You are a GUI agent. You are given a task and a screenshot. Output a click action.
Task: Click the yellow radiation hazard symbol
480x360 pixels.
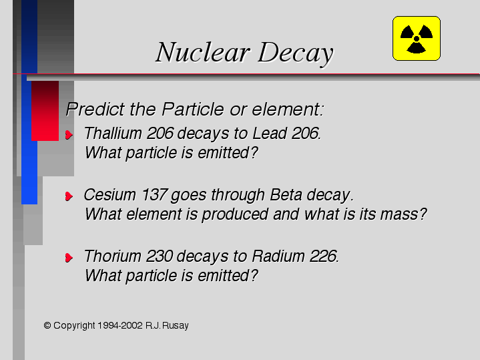pyautogui.click(x=417, y=38)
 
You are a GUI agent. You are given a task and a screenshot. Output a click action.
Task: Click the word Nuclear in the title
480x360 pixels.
pyautogui.click(x=203, y=52)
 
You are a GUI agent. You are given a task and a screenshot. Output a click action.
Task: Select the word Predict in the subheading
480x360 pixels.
pyautogui.click(x=95, y=109)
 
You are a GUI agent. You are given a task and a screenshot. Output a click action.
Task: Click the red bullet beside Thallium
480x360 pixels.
pyautogui.click(x=69, y=134)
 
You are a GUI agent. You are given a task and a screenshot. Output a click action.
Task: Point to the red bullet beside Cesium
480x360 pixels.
pyautogui.click(x=69, y=196)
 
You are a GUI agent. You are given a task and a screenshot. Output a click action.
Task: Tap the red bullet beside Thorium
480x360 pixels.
pyautogui.click(x=69, y=257)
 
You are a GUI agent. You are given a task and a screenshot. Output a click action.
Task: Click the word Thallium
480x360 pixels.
pyautogui.click(x=113, y=134)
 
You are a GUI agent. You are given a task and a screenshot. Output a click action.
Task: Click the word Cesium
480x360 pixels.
pyautogui.click(x=109, y=195)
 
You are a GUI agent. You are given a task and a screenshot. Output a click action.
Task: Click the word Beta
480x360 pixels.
pyautogui.click(x=286, y=195)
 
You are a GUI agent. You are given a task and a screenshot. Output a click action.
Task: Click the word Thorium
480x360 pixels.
pyautogui.click(x=112, y=256)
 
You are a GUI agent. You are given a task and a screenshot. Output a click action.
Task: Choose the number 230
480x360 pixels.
pyautogui.click(x=160, y=256)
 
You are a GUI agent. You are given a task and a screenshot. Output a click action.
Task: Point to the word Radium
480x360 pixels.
pyautogui.click(x=278, y=256)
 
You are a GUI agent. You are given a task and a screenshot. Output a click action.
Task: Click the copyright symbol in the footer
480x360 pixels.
pyautogui.click(x=47, y=325)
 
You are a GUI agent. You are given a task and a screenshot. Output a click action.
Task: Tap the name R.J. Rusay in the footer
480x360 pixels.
pyautogui.click(x=167, y=325)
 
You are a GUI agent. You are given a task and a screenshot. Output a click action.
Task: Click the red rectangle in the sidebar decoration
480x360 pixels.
pyautogui.click(x=45, y=111)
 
